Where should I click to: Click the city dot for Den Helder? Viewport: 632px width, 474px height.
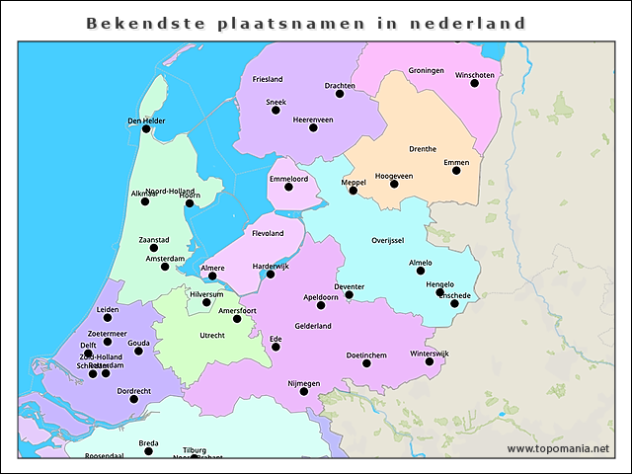(x=146, y=128)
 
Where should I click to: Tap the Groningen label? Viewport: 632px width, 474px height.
(x=426, y=71)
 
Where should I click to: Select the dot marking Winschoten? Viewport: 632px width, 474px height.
(x=474, y=83)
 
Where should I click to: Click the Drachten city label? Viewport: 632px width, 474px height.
(x=340, y=86)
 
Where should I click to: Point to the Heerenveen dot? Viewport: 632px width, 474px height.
(x=313, y=127)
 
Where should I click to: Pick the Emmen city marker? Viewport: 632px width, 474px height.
(x=456, y=170)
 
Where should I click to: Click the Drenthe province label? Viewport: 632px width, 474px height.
(x=423, y=149)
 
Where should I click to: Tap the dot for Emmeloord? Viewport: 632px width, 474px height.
(x=288, y=187)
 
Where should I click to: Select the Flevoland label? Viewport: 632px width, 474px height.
(x=268, y=233)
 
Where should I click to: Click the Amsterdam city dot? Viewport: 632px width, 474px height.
(x=165, y=267)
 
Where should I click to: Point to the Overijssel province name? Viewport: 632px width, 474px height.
(x=387, y=240)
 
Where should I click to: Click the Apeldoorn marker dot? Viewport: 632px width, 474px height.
(x=320, y=305)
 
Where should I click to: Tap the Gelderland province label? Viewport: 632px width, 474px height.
(x=312, y=326)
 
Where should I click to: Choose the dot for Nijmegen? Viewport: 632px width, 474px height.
(x=303, y=392)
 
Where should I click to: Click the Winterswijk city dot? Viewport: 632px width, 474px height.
(x=429, y=361)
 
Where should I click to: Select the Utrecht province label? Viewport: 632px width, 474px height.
(x=212, y=336)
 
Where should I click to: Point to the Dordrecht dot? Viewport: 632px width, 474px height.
(x=133, y=399)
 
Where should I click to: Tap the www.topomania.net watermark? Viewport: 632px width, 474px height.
(x=558, y=449)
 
